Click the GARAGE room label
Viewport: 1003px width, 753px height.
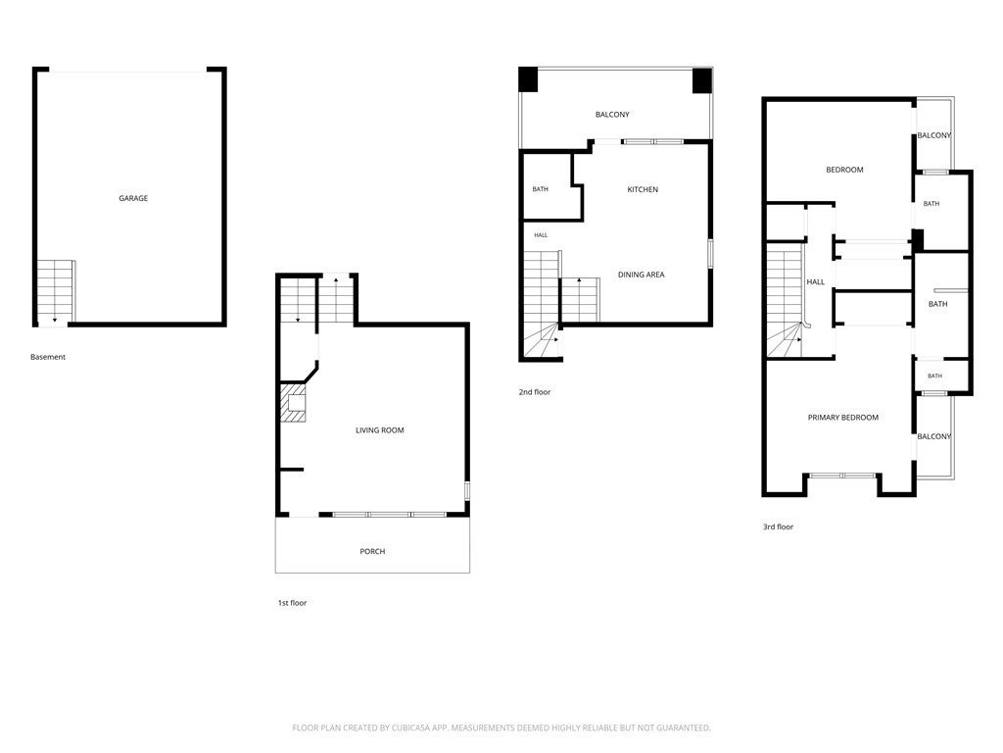coord(133,198)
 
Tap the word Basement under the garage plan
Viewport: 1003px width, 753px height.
coord(48,357)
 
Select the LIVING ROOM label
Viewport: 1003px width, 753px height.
coord(380,430)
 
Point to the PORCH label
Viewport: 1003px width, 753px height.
coord(372,551)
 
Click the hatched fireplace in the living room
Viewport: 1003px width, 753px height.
coord(294,403)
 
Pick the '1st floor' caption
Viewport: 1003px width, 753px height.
coord(292,603)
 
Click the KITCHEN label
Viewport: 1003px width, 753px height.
coord(643,189)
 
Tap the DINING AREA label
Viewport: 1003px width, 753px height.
coord(641,275)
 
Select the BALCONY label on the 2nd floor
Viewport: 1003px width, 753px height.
coord(612,115)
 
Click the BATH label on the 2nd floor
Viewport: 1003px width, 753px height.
coord(541,189)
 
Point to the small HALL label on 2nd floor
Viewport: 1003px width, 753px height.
coord(541,235)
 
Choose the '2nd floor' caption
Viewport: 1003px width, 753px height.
coord(535,392)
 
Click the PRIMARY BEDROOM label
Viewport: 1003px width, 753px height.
coord(843,418)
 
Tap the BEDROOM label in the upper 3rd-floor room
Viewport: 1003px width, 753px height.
coord(844,170)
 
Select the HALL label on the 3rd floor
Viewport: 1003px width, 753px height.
coord(816,281)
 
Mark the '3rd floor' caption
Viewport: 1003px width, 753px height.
coord(778,527)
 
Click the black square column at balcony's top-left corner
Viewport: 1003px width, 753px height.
coord(528,79)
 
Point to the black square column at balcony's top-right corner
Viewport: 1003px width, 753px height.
coord(702,80)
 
